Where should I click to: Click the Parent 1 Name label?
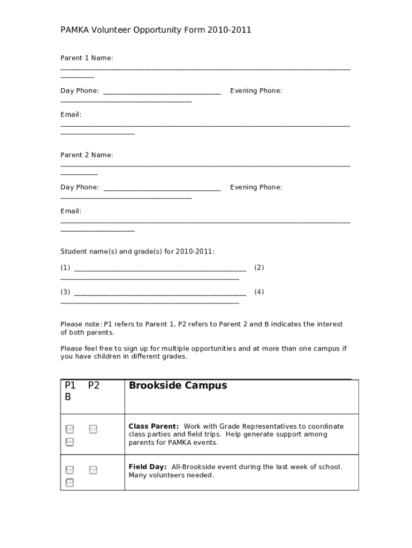click(x=87, y=58)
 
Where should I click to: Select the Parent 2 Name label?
click(x=87, y=155)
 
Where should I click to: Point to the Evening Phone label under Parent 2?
click(x=256, y=187)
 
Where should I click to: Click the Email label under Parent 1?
click(x=71, y=115)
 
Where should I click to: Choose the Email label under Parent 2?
click(x=71, y=211)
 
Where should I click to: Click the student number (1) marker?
click(x=65, y=268)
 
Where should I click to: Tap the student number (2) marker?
click(x=259, y=268)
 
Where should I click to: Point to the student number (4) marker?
click(x=259, y=292)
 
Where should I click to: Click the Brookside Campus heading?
click(x=178, y=385)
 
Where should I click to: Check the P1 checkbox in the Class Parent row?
click(x=70, y=429)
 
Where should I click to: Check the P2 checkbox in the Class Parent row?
click(x=93, y=429)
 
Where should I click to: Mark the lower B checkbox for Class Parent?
click(x=70, y=442)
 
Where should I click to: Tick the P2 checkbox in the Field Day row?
click(x=93, y=470)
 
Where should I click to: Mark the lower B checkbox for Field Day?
click(x=70, y=483)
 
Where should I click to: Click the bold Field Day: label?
click(x=148, y=467)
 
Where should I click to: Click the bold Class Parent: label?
click(x=154, y=427)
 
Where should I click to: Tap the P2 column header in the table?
click(x=94, y=385)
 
